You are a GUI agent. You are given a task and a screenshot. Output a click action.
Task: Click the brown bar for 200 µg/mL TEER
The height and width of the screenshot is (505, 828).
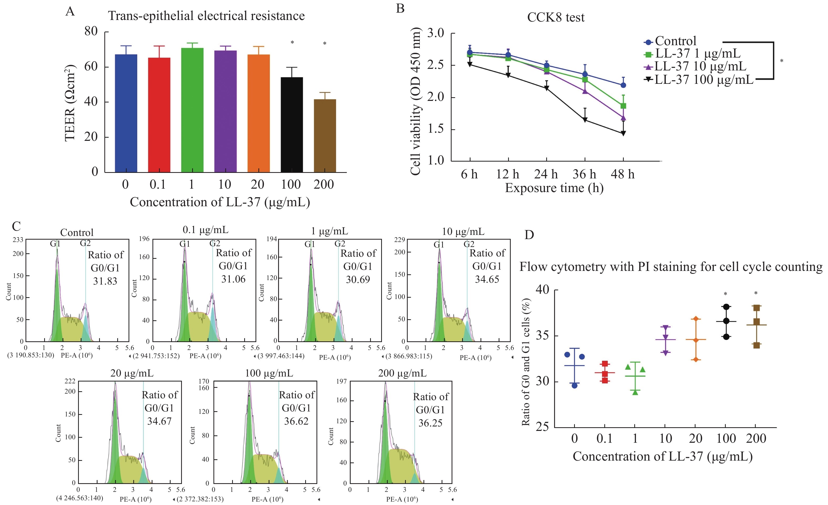(325, 136)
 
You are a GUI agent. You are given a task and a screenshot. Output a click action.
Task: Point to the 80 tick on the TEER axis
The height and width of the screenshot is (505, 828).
(91, 32)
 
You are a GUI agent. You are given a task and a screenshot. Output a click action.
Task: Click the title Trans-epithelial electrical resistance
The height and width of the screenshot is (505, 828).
(206, 16)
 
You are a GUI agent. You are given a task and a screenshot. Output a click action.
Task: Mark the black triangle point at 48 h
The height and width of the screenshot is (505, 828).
(623, 133)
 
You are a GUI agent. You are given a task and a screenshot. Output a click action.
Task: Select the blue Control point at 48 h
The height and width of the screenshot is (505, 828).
(623, 85)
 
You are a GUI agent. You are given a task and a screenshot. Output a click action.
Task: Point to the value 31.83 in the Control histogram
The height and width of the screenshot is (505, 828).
(105, 281)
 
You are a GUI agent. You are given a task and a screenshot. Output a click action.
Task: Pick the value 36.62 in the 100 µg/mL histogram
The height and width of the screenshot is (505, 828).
(296, 421)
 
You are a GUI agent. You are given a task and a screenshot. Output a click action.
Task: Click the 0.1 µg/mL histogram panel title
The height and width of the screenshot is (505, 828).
(205, 230)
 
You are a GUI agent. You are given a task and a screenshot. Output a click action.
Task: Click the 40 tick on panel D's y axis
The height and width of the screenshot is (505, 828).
(542, 290)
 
